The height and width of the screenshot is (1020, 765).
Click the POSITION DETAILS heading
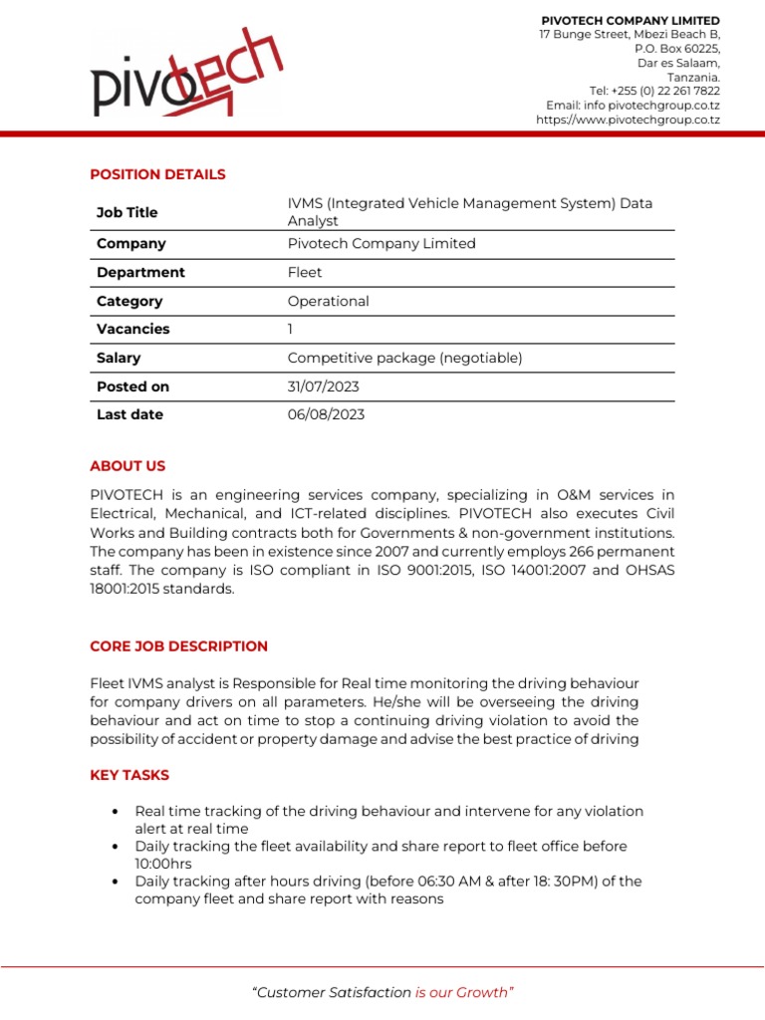tap(157, 174)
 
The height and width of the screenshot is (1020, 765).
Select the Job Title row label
tap(127, 212)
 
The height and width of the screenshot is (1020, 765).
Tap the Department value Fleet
tap(305, 272)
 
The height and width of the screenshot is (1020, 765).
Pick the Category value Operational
tap(328, 301)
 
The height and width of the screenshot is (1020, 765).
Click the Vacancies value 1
tap(291, 329)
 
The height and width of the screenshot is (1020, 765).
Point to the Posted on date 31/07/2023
tap(323, 386)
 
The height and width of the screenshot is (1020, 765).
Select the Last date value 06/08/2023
tap(326, 414)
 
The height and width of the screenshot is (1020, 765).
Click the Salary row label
tap(119, 358)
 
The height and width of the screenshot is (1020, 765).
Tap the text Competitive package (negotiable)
tap(404, 358)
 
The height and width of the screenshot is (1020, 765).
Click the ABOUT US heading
tap(127, 466)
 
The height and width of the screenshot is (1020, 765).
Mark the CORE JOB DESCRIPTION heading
tap(178, 646)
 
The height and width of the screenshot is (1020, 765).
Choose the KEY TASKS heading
tap(129, 775)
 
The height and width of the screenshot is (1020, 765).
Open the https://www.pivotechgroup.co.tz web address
tap(628, 120)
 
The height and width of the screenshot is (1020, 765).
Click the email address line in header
tap(633, 106)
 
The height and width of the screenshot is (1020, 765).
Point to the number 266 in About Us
tap(569, 552)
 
